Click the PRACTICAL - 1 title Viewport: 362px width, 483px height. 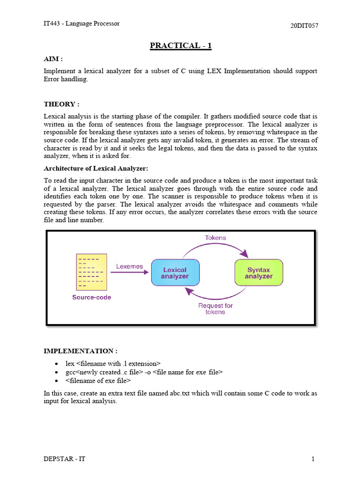[x=181, y=46]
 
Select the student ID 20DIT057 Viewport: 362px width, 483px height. [x=304, y=25]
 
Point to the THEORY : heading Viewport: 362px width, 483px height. [x=61, y=104]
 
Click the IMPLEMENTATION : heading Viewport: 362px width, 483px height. [x=80, y=351]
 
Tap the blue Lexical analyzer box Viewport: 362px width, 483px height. [x=175, y=273]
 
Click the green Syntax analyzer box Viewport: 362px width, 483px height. [x=258, y=273]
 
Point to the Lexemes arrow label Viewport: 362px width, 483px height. [x=129, y=266]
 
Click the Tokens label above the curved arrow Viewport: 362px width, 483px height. [x=215, y=238]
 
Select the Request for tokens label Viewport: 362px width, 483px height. [x=215, y=308]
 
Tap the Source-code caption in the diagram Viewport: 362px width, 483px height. [x=91, y=297]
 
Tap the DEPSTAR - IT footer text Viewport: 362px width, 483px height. [x=64, y=459]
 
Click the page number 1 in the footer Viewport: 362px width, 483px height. [x=313, y=459]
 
